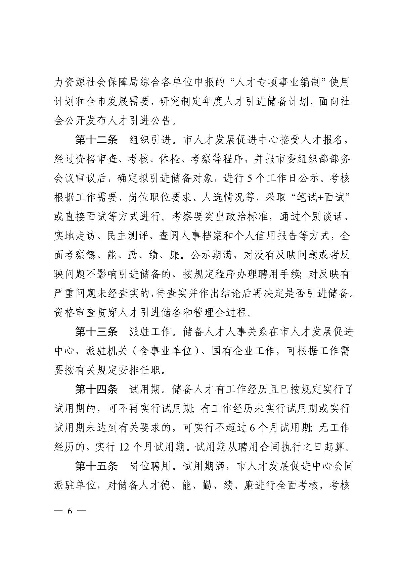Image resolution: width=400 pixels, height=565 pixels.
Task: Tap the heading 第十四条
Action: pos(96,389)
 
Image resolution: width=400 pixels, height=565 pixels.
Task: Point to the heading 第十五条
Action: pos(96,466)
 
